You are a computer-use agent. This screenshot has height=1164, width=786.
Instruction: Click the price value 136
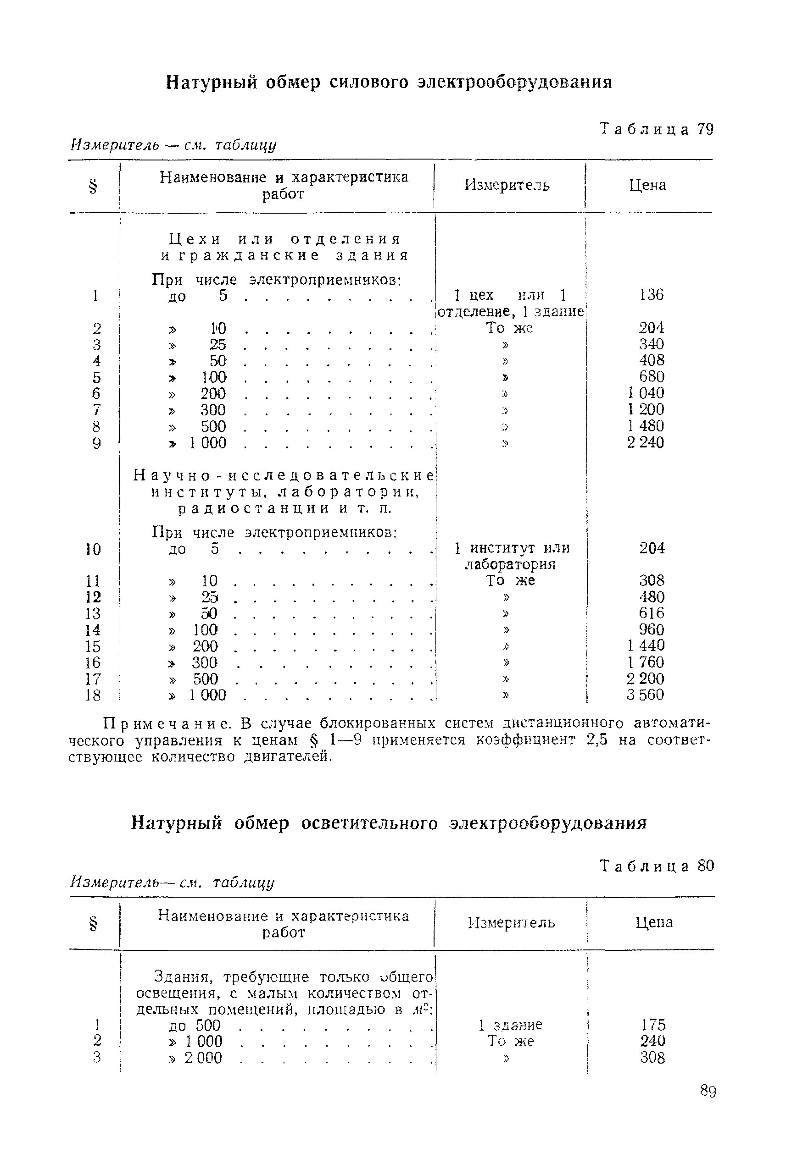pyautogui.click(x=651, y=294)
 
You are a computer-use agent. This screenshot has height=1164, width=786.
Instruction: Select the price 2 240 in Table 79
pyautogui.click(x=645, y=443)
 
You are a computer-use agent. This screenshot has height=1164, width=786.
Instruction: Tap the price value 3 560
pyautogui.click(x=645, y=695)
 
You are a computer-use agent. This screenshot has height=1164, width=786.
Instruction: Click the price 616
pyautogui.click(x=652, y=613)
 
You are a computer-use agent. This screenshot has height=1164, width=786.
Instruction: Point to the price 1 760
pyautogui.click(x=646, y=662)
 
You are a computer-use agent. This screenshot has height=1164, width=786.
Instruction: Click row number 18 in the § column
pyautogui.click(x=93, y=695)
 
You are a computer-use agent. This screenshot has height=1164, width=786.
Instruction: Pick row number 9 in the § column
pyautogui.click(x=97, y=443)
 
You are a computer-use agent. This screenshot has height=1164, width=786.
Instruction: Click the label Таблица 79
pyautogui.click(x=657, y=129)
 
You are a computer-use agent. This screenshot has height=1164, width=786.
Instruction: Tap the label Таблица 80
pyautogui.click(x=657, y=866)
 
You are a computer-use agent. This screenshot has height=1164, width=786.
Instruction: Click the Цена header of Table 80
pyautogui.click(x=654, y=922)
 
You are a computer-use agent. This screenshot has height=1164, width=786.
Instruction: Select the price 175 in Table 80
pyautogui.click(x=652, y=1024)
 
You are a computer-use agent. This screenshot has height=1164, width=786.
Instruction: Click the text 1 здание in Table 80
pyautogui.click(x=510, y=1025)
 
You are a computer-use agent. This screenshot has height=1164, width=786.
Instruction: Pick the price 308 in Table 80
pyautogui.click(x=652, y=1057)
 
